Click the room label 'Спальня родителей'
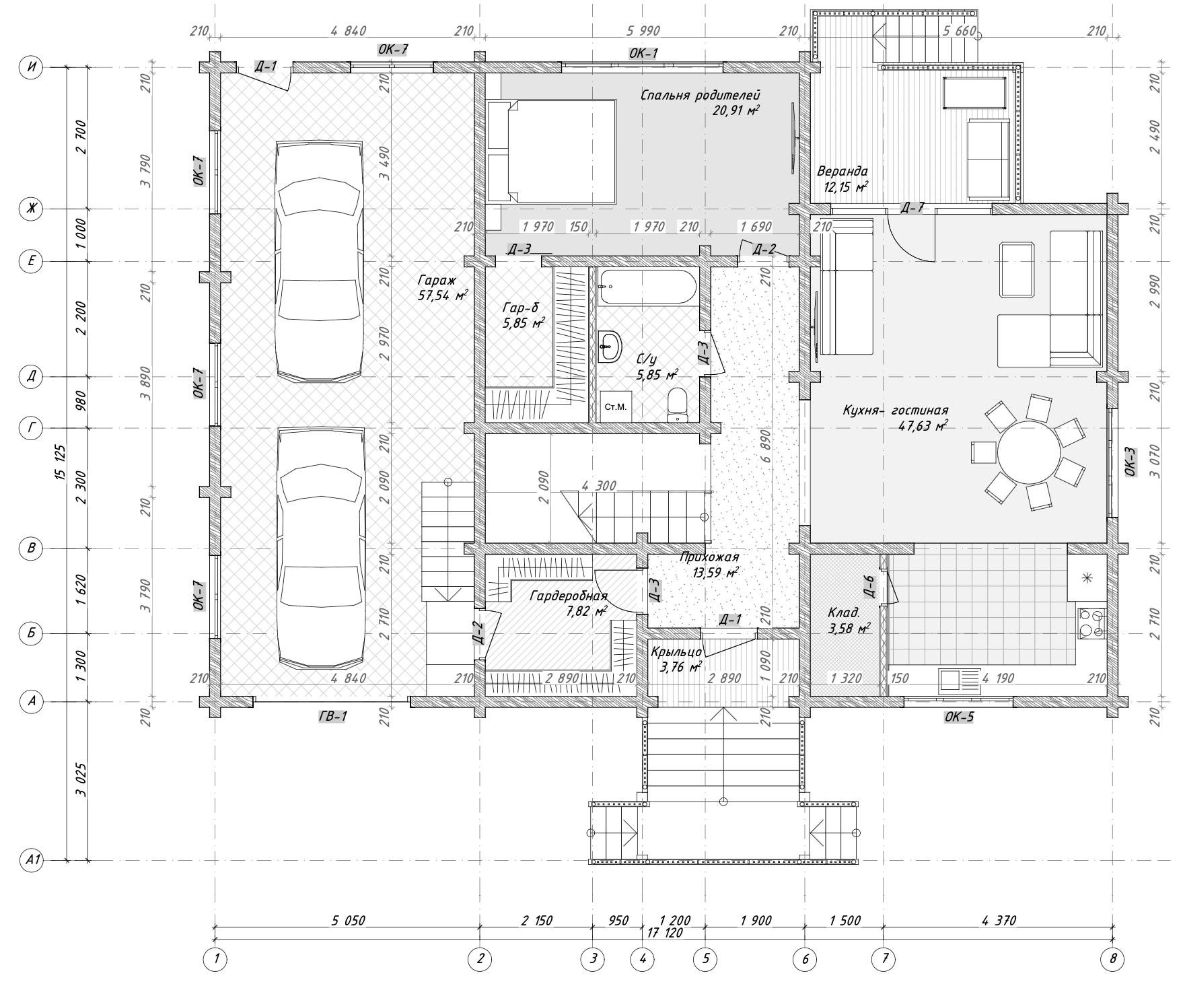(700, 95)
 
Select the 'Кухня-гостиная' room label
(895, 410)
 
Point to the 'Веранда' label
(842, 171)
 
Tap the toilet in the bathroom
(676, 405)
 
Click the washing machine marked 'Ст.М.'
(616, 407)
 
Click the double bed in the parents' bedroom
(551, 151)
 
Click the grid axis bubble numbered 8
(1113, 960)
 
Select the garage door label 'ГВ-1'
(332, 716)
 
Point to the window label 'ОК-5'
(959, 717)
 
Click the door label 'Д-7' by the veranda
(912, 207)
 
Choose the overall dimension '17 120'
(665, 933)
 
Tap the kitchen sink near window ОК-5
(959, 680)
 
